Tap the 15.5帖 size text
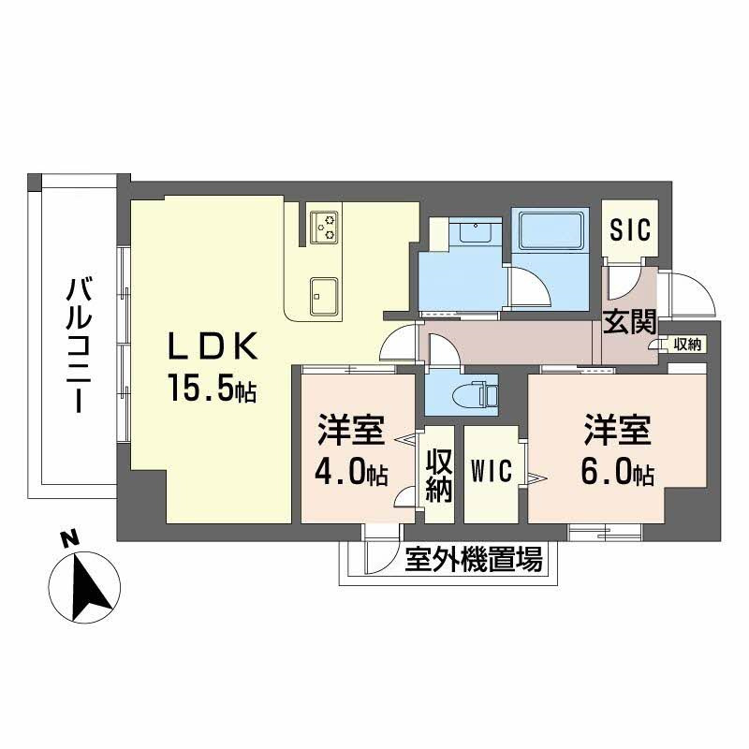(x=212, y=389)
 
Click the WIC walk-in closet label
(x=492, y=470)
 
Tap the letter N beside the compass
(x=67, y=538)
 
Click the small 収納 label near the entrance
(x=686, y=345)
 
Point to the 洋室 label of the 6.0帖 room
(x=616, y=432)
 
